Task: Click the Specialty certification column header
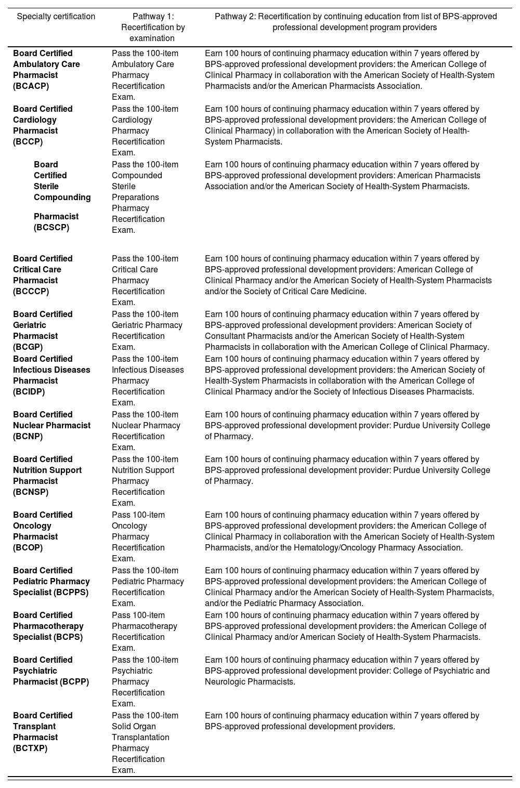pos(56,17)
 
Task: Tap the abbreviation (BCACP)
pos(31,86)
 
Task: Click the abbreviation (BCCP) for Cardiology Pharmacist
pos(28,142)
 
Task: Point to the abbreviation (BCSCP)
pos(51,228)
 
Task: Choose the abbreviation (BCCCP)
pos(31,292)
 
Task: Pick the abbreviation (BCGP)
pos(28,347)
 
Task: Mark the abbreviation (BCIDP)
pos(29,392)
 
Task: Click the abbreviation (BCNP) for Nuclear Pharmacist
pos(28,437)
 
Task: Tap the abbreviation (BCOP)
pos(28,548)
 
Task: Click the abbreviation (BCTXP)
pos(30,748)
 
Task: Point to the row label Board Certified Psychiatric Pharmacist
pos(51,671)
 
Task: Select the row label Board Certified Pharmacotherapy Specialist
pos(48,626)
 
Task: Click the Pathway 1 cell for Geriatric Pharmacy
pos(147,331)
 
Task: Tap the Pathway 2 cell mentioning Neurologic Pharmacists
pos(347,671)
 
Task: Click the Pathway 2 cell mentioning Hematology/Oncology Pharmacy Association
pos(349,531)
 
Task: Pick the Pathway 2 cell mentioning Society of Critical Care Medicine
pos(348,275)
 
